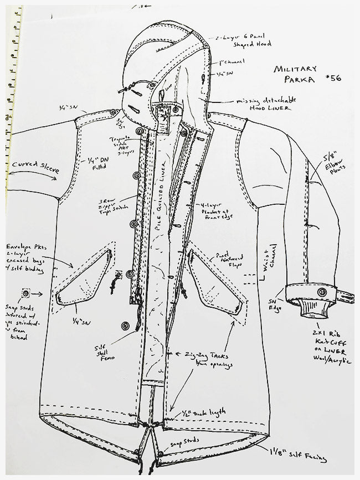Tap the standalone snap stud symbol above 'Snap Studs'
25,292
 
